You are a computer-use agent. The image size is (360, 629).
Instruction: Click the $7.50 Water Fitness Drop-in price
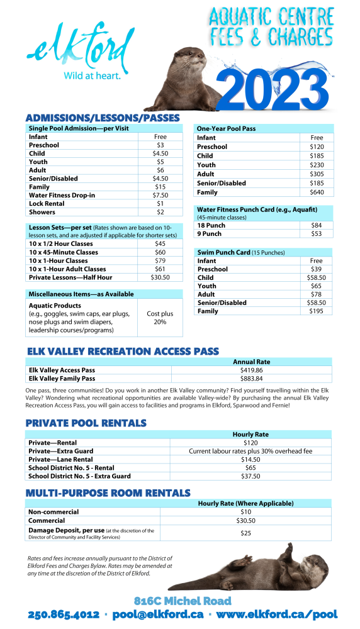pos(160,195)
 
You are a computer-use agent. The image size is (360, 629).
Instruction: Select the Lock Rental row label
pos(47,203)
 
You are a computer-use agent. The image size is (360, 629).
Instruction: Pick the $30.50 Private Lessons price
pos(160,277)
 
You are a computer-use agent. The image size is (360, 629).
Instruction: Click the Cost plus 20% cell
pos(160,318)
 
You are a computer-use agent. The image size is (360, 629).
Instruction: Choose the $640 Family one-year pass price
pos(317,192)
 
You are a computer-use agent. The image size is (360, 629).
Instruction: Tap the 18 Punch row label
pos(211,225)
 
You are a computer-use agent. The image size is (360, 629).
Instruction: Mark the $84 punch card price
pos(317,225)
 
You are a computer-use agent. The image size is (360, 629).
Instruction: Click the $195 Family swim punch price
pos(317,311)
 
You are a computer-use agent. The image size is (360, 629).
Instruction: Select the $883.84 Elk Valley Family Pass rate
pos(251,379)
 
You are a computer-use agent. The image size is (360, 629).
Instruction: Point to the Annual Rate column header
pos(251,362)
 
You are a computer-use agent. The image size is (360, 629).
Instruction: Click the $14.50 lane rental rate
pos(250,459)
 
